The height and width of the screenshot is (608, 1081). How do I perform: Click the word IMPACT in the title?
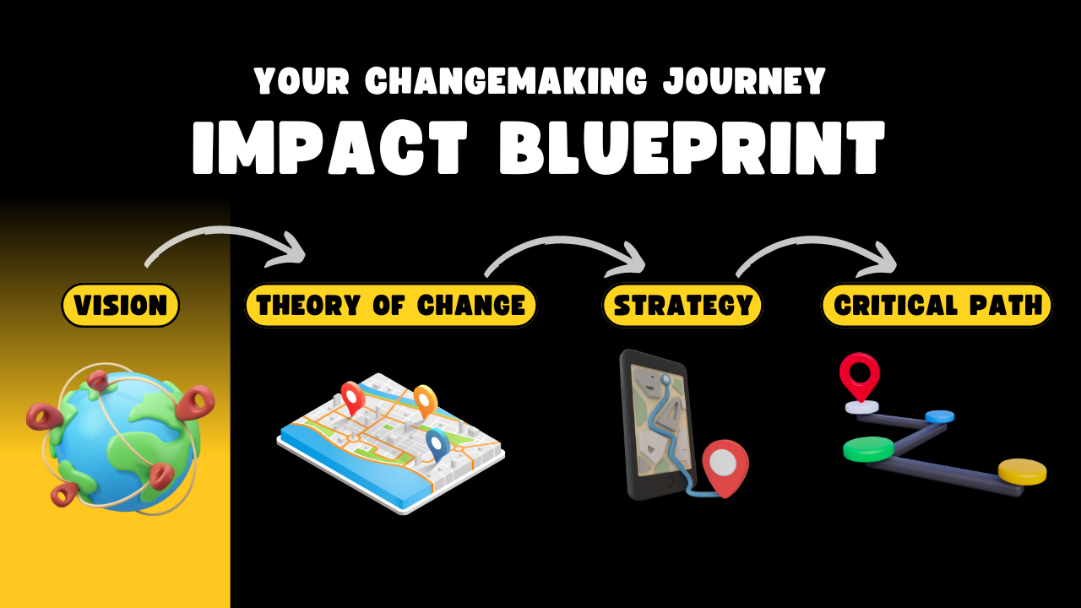click(x=330, y=147)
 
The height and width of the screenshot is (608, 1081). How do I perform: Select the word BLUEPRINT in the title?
click(x=692, y=147)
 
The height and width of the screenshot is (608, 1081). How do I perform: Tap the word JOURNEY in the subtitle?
click(x=744, y=80)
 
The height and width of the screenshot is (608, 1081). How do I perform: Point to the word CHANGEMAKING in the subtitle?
click(x=506, y=80)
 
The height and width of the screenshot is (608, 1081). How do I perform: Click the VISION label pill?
click(x=120, y=305)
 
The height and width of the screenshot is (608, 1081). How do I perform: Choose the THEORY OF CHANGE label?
click(x=391, y=305)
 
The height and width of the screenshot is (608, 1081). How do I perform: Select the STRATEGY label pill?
click(x=682, y=305)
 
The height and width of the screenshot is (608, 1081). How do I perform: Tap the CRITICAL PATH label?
click(x=937, y=305)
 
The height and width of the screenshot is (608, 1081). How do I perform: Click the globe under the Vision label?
click(x=121, y=440)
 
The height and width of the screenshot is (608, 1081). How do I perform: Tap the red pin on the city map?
click(x=353, y=397)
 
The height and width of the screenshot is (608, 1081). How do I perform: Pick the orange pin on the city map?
click(x=426, y=400)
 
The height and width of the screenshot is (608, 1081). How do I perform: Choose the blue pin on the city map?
click(x=437, y=444)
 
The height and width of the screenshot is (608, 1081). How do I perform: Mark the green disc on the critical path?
click(x=869, y=448)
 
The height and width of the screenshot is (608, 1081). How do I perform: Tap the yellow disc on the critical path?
click(x=1022, y=471)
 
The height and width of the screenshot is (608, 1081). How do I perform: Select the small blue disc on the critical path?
click(x=940, y=416)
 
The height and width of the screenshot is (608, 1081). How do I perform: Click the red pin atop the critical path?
click(x=860, y=377)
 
